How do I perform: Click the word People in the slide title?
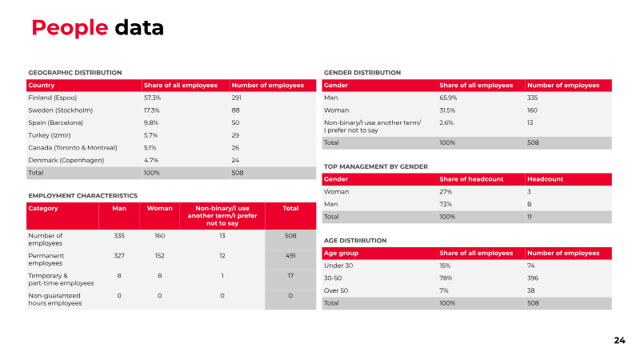point(70,28)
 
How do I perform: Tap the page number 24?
point(619,341)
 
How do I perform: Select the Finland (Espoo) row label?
point(53,98)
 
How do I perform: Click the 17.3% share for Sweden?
point(151,110)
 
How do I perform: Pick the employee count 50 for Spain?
point(235,123)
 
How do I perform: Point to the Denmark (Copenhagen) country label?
point(66,161)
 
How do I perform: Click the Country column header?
point(42,86)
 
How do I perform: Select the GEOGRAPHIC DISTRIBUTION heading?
point(75,73)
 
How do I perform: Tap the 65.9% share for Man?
point(448,98)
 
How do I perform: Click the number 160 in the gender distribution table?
point(532,110)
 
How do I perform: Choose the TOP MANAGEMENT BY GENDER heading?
point(376,166)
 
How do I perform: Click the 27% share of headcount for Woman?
point(446,192)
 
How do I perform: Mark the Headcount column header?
point(545,179)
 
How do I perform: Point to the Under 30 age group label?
point(338,266)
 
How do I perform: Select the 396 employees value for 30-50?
point(533,278)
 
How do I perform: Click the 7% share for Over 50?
point(444,290)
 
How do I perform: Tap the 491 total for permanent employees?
point(290,256)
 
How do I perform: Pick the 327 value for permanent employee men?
point(119,256)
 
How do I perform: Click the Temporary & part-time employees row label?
point(61,279)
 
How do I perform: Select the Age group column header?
point(342,253)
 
